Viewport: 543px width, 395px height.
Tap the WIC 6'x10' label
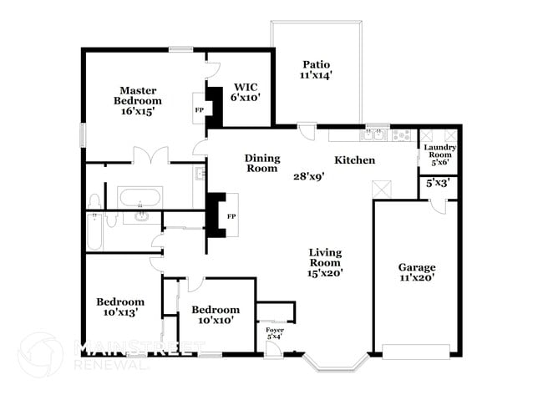[x=246, y=91]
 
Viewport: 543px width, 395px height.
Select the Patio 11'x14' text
[x=317, y=69]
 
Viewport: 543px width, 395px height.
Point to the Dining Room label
[x=261, y=163]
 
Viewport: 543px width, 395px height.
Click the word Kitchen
[x=354, y=160]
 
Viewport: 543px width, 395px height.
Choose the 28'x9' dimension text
[x=307, y=176]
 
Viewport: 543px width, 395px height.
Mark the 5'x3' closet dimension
[x=438, y=183]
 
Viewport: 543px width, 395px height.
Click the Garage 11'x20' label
[x=415, y=272]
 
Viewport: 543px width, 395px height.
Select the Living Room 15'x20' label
[x=325, y=261]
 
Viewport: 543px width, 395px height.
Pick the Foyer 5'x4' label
[x=275, y=333]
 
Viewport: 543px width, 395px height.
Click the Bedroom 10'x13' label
[x=119, y=306]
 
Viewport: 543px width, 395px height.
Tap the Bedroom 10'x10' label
[x=215, y=314]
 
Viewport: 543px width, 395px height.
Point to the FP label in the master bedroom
[x=200, y=109]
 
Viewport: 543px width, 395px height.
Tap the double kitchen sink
[x=373, y=134]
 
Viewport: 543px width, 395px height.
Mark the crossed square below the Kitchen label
[x=382, y=190]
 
